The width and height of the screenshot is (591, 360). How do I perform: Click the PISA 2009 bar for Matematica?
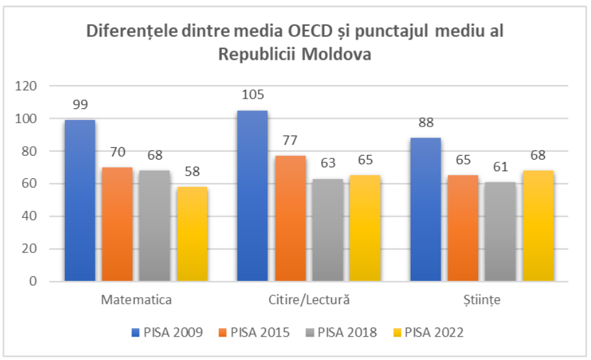coord(80,200)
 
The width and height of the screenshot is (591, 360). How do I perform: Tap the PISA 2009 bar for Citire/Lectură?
coord(252,196)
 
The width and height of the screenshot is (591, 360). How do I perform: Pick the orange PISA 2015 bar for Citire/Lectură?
coord(290,219)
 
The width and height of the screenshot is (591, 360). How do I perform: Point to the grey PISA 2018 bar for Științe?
coord(500,232)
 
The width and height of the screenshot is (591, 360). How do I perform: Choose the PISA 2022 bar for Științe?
coord(538,226)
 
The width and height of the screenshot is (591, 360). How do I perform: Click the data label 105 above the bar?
coord(252,95)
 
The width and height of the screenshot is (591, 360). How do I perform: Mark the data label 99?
coord(80,105)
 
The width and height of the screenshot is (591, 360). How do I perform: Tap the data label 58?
coord(191,172)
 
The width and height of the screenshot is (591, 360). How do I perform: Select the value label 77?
coord(290,141)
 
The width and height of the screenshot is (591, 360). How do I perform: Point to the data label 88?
coord(426,123)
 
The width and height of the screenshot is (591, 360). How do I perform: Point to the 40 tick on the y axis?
coord(30,216)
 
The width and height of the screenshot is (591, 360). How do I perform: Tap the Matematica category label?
coord(136,300)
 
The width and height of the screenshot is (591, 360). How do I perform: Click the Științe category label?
coord(481,300)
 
